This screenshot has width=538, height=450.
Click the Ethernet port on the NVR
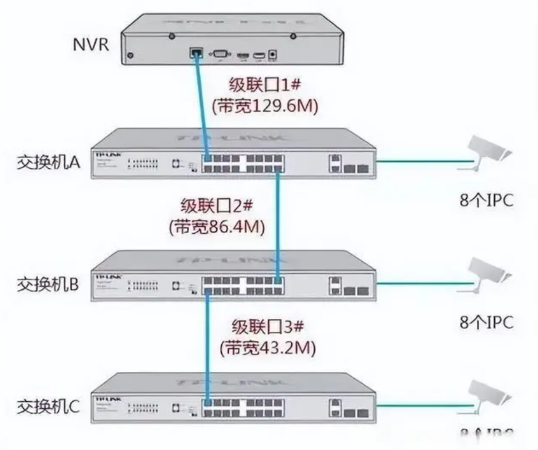pos(195,54)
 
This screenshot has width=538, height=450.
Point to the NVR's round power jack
pos(272,55)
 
